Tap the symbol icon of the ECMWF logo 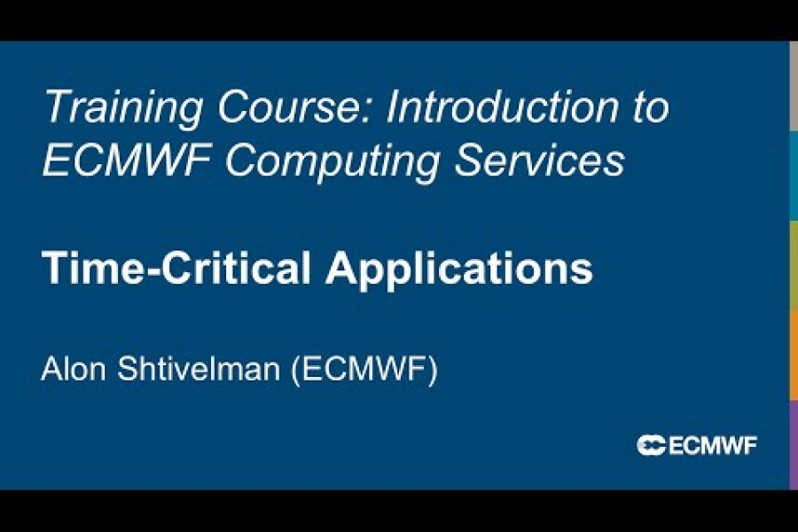click(x=651, y=446)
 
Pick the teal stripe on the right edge click(x=793, y=176)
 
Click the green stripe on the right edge click(x=793, y=265)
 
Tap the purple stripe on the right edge click(x=793, y=444)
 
